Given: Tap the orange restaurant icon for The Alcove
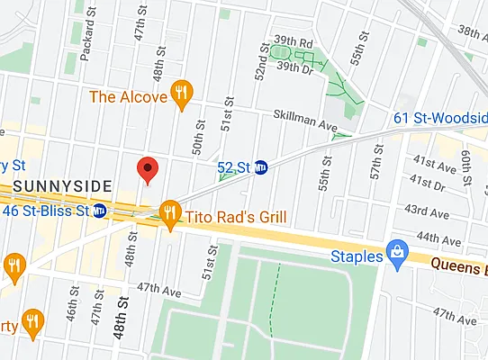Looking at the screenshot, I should (183, 94).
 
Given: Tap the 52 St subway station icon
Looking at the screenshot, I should (262, 167).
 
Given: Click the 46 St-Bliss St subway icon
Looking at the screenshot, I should (101, 211).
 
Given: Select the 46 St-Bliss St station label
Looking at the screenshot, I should (47, 211).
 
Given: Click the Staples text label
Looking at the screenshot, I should (355, 256).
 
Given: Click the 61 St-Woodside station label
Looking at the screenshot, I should (441, 118).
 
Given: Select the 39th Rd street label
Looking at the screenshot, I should (294, 41).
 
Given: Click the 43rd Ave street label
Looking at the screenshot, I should (428, 210).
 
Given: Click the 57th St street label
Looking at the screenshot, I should (375, 168).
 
